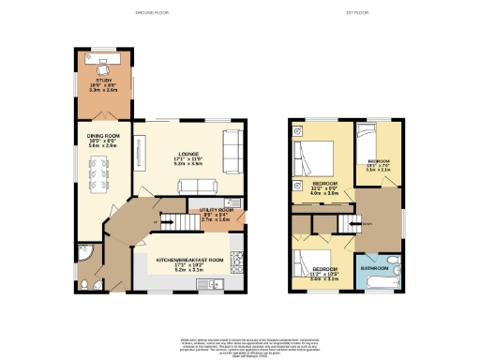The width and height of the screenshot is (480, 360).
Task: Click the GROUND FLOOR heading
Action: pyautogui.click(x=157, y=13)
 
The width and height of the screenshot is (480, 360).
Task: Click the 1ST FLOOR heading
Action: pyautogui.click(x=353, y=13)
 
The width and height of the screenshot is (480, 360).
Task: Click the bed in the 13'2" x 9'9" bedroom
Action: pyautogui.click(x=311, y=153)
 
